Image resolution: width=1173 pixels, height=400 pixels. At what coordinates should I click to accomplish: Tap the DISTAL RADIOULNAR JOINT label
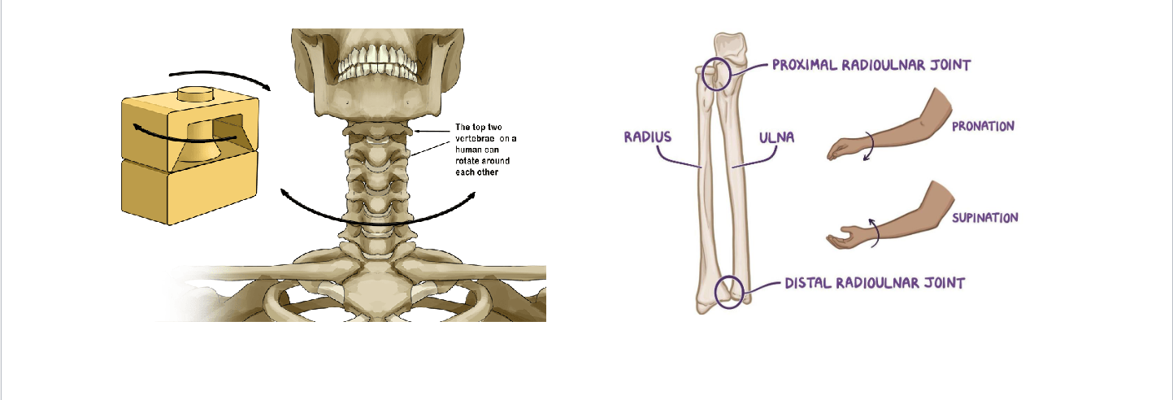874,284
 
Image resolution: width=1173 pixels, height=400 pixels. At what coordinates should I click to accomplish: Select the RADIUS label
648,136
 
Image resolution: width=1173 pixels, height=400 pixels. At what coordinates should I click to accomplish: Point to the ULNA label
775,138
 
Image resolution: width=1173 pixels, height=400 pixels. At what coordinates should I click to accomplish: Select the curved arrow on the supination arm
875,231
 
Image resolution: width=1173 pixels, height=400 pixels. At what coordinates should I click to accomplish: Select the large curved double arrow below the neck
378,213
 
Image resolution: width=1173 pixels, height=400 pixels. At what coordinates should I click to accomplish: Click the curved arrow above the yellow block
228,75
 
